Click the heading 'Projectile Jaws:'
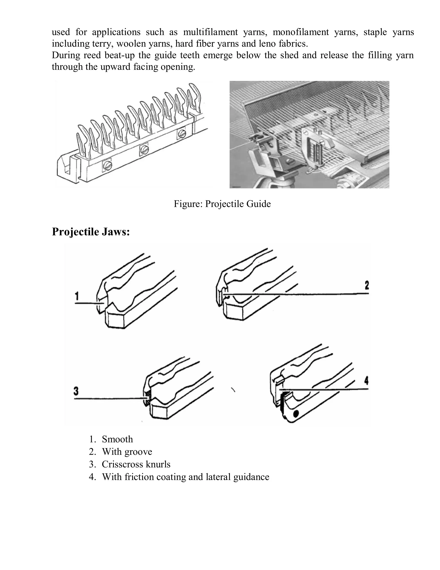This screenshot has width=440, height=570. pyautogui.click(x=91, y=232)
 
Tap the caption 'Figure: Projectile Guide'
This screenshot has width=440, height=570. pyautogui.click(x=222, y=204)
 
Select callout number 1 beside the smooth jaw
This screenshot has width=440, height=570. pyautogui.click(x=77, y=296)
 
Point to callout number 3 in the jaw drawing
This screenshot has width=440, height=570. pyautogui.click(x=76, y=391)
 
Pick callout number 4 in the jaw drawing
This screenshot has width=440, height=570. pyautogui.click(x=366, y=381)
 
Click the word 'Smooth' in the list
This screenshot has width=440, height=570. pyautogui.click(x=117, y=439)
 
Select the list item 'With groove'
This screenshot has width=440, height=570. pyautogui.click(x=127, y=452)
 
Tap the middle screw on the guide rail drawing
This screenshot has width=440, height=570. pyautogui.click(x=144, y=149)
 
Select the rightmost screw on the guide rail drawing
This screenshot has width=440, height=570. pyautogui.click(x=181, y=134)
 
